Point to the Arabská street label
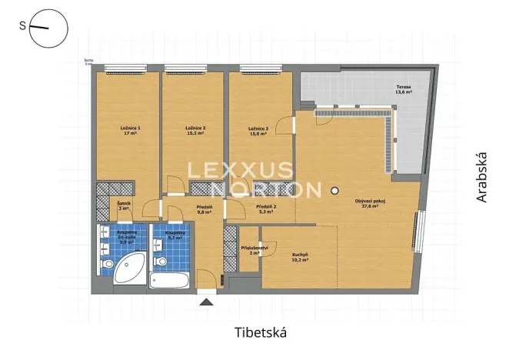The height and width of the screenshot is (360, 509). [481, 177]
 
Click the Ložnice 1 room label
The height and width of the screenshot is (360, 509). [129, 131]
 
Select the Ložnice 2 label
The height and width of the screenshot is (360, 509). [195, 131]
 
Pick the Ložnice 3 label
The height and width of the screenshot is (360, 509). [258, 131]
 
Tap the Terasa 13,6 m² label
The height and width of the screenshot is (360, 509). [404, 91]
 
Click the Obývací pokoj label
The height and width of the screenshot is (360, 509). [369, 205]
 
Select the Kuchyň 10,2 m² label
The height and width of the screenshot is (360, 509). [300, 257]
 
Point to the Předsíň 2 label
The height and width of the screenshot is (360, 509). [266, 209]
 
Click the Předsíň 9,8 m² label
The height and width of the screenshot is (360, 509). [204, 209]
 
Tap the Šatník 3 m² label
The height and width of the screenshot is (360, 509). [124, 206]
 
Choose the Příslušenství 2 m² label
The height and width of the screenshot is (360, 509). [254, 251]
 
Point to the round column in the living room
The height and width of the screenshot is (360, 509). [334, 190]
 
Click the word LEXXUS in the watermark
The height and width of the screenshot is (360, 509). [241, 169]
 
